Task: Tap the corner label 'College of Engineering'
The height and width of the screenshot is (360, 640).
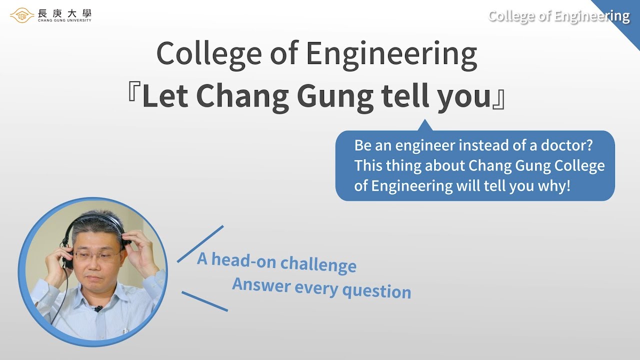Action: pyautogui.click(x=558, y=16)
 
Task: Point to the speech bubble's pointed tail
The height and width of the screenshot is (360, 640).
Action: pyautogui.click(x=424, y=125)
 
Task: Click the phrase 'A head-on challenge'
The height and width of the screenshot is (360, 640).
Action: pyautogui.click(x=276, y=262)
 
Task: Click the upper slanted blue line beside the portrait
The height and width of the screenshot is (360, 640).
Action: pyautogui.click(x=200, y=243)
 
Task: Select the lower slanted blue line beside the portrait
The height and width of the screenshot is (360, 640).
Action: pyautogui.click(x=204, y=301)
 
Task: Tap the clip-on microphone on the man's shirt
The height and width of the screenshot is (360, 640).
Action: pyautogui.click(x=98, y=308)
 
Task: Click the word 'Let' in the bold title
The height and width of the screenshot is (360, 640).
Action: pyautogui.click(x=163, y=97)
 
